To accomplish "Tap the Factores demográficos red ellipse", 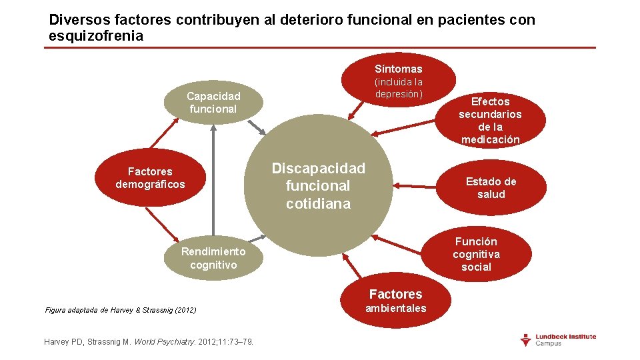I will pyautogui.click(x=150, y=178).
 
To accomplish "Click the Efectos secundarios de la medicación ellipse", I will pyautogui.click(x=490, y=120).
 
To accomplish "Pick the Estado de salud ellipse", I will pyautogui.click(x=491, y=188).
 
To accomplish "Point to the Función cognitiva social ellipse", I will pyautogui.click(x=476, y=254).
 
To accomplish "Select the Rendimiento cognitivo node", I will pyautogui.click(x=213, y=258).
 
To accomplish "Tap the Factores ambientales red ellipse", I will pyautogui.click(x=395, y=301).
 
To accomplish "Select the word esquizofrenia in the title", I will pyautogui.click(x=96, y=36).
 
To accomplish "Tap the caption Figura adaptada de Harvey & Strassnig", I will pyautogui.click(x=120, y=310).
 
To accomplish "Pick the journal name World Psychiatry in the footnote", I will pyautogui.click(x=163, y=342).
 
